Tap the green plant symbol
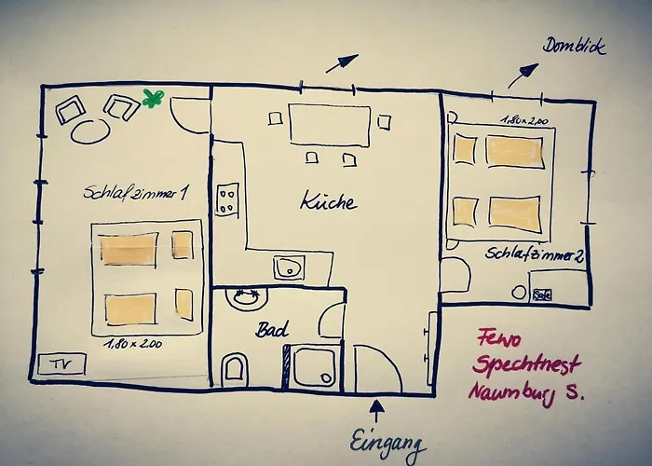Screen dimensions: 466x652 click(x=153, y=97)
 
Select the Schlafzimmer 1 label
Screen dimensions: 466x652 click(x=136, y=194)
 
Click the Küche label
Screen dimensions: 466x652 click(x=327, y=199)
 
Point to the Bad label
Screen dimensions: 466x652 click(x=271, y=330)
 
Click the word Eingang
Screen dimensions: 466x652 click(x=389, y=441)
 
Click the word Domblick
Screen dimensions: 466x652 click(x=575, y=45)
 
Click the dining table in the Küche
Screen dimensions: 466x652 click(x=329, y=125)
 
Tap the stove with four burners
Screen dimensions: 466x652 click(x=227, y=199)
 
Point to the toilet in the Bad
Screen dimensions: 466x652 click(x=237, y=368)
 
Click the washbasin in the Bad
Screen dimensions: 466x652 click(x=248, y=299)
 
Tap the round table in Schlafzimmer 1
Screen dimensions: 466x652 click(x=90, y=130)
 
